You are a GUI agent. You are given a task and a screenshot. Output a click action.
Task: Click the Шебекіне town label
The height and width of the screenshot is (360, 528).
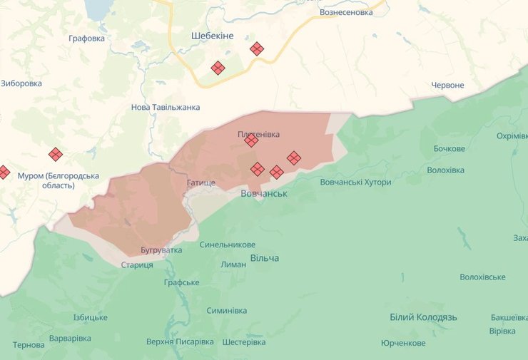[213, 36]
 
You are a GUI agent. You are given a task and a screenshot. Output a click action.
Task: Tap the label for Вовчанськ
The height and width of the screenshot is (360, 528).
[263, 193]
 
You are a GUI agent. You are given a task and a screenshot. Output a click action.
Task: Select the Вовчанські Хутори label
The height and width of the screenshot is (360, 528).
[355, 182]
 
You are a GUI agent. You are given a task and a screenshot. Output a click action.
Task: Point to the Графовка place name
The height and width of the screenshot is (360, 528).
[86, 38]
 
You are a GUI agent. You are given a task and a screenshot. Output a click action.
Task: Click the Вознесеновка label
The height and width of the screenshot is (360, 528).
[346, 12]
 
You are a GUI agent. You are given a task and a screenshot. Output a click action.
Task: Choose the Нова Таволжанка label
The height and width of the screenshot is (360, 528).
[166, 107]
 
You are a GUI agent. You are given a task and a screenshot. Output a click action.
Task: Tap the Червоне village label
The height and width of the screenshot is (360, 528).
[447, 86]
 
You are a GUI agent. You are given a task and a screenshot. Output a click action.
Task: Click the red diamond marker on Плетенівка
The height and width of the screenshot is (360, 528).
[251, 140]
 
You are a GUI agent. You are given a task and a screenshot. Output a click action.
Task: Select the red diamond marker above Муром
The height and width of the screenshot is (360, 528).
[56, 154]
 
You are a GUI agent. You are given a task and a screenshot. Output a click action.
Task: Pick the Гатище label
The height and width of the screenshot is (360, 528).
[200, 183]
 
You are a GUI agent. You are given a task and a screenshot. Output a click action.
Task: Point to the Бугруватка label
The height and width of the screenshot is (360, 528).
[161, 250]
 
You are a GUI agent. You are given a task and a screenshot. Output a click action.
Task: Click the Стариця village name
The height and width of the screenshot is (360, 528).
[137, 265]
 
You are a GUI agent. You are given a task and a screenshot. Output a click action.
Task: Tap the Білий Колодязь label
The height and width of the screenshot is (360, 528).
[424, 317]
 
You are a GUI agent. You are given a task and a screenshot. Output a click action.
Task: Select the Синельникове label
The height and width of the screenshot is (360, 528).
[228, 245]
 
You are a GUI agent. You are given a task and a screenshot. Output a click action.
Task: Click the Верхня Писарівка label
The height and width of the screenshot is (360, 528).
[180, 341]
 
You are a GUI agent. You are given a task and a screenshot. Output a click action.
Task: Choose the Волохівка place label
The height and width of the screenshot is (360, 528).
[445, 170]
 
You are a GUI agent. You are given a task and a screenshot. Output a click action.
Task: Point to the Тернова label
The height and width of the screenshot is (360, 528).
[29, 344]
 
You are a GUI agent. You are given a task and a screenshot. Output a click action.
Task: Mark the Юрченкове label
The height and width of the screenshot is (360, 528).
[403, 343]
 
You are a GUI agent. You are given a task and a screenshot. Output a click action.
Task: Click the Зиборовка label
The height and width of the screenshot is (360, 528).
[21, 83]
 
